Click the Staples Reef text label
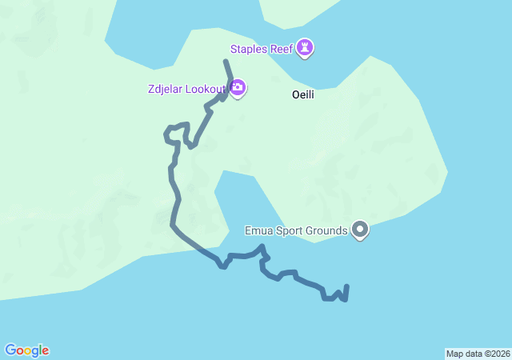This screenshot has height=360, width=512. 261,49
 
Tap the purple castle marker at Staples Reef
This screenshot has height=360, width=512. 305,48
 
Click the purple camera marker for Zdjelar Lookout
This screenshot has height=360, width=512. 238,87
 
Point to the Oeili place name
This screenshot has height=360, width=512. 303,94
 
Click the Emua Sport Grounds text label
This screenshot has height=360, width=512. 296,231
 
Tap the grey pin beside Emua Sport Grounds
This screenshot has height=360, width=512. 360,230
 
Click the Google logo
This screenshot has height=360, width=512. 26,350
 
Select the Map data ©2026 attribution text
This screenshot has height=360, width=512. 478,354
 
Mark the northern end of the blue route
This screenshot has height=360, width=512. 226,62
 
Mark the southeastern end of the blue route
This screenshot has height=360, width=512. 346,286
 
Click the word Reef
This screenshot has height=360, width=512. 281,49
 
